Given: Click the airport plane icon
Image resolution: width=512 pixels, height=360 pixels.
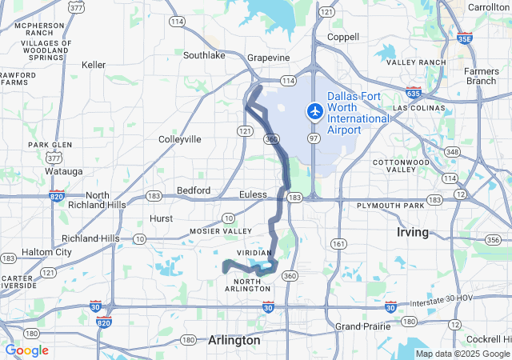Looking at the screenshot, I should tap(314, 110).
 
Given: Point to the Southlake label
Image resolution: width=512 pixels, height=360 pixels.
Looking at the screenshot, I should tap(205, 56).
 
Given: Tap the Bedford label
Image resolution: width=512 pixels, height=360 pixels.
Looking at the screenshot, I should tap(193, 191).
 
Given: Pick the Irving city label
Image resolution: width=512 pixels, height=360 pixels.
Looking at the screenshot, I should tap(413, 232).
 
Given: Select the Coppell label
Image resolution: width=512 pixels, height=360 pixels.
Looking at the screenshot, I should tap(342, 36).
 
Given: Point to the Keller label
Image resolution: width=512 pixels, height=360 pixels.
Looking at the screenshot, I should tap(94, 64).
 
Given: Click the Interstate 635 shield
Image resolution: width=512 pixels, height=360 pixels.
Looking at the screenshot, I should tap(414, 93).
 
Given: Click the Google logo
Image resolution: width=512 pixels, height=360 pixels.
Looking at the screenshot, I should tap(26, 350).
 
